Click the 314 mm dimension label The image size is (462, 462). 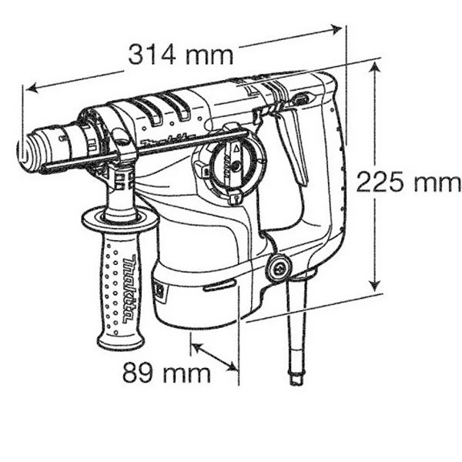[x=181, y=55]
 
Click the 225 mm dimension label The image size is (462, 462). [x=409, y=182]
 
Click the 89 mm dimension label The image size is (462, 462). [x=167, y=373]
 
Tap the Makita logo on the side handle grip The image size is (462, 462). [x=130, y=289]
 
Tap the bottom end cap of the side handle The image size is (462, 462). [x=121, y=342]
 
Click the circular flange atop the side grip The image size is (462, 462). [x=120, y=219]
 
